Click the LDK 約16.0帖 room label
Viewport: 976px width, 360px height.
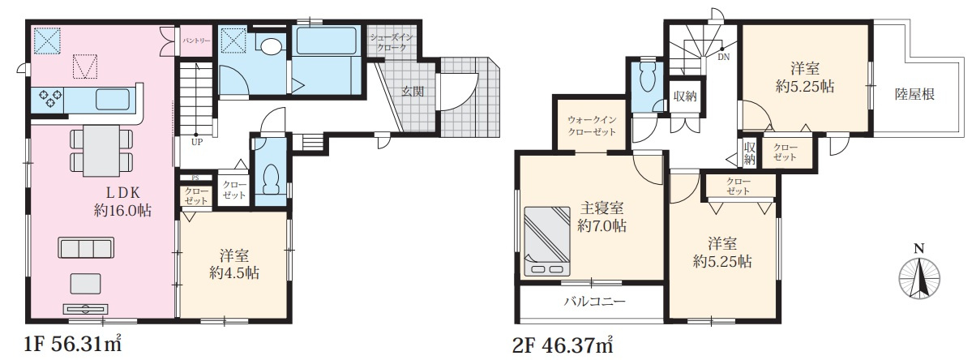pos(122,201)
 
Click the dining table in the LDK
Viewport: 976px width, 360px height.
pos(101,148)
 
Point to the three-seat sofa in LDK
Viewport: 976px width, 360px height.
pos(84,246)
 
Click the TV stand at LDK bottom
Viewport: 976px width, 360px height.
pos(85,308)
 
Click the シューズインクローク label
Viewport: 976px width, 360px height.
pos(392,43)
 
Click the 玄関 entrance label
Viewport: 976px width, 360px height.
pos(412,91)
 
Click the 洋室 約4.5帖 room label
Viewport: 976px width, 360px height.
pos(232,264)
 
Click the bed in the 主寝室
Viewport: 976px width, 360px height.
pos(546,242)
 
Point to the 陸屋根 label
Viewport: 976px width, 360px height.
pos(915,94)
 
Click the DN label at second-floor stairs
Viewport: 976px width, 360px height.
pos(722,58)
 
